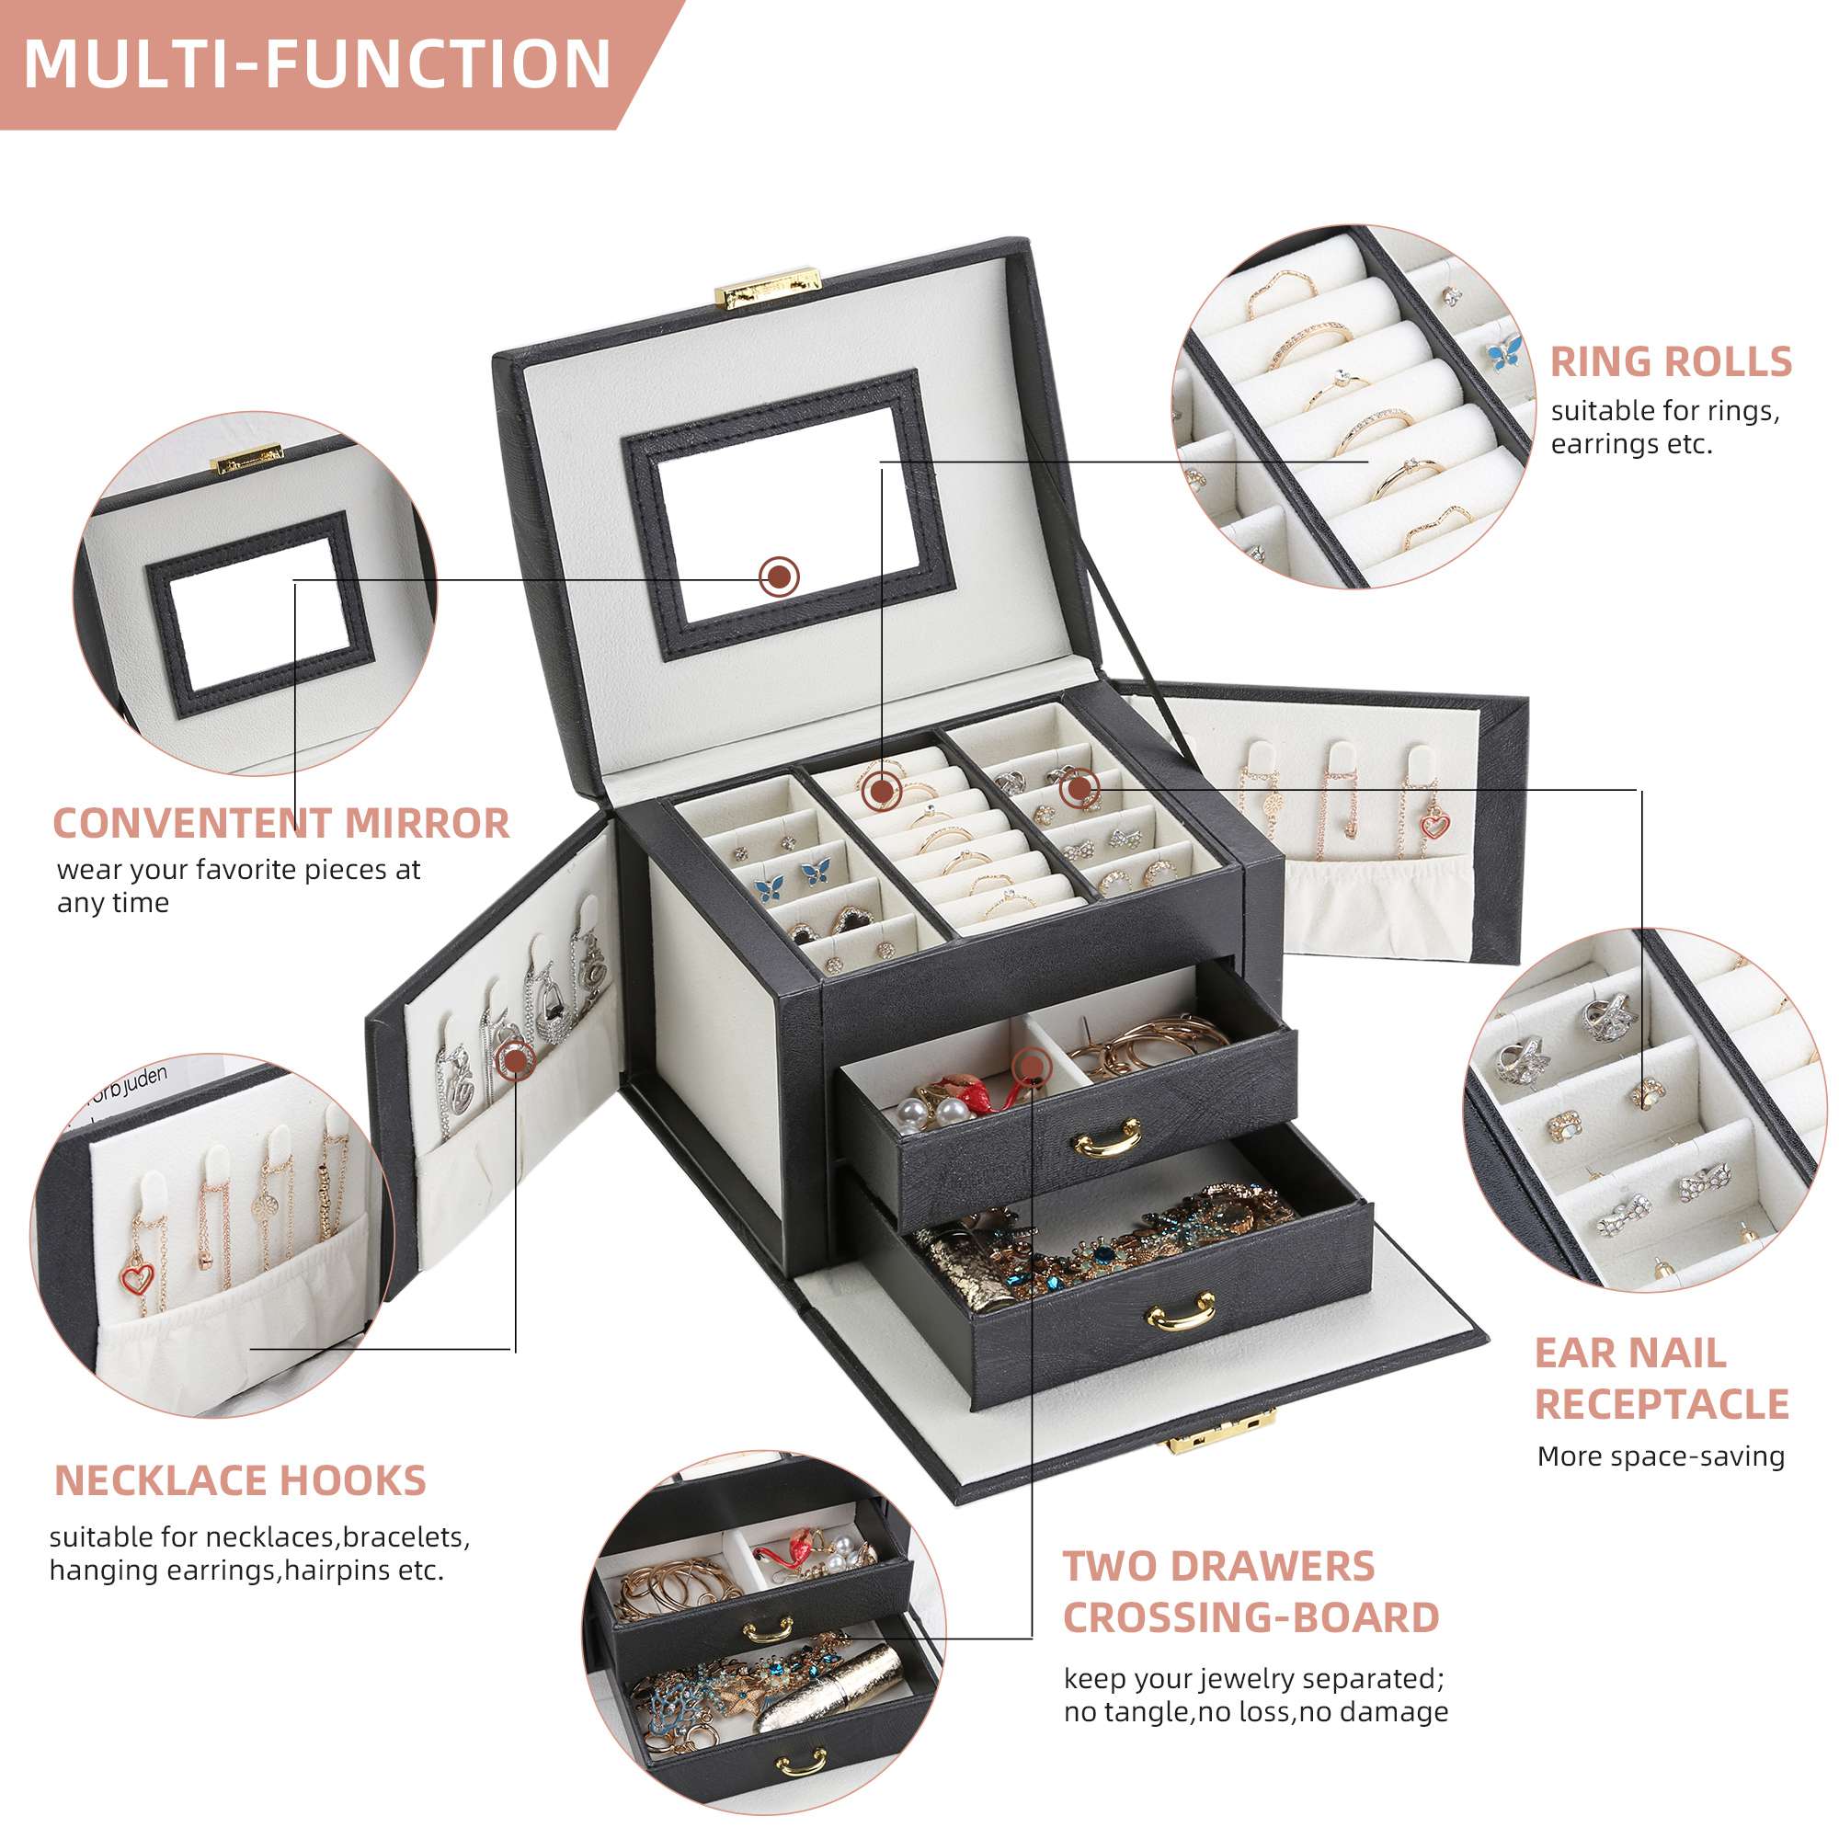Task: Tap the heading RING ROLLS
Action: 1671,362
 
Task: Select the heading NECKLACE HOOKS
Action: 240,1481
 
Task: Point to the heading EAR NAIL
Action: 1629,1354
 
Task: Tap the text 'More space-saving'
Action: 1660,1456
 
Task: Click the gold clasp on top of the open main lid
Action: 767,287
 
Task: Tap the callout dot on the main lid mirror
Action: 780,576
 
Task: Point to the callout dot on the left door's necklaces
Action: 515,1058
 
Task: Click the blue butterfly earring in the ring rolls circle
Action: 1504,353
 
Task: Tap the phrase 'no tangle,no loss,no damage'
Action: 1255,1712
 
